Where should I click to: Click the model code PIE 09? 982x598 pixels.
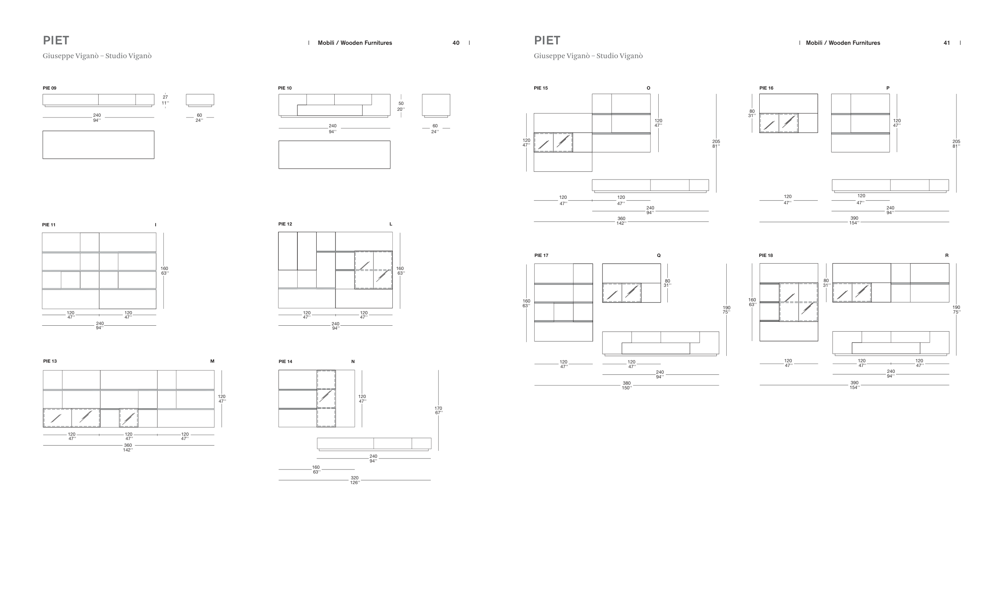pyautogui.click(x=49, y=88)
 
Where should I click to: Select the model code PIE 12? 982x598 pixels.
pyautogui.click(x=285, y=224)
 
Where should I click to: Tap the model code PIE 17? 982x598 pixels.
pyautogui.click(x=541, y=255)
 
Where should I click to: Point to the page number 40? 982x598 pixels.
pyautogui.click(x=456, y=43)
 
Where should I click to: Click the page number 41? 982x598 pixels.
pyautogui.click(x=947, y=43)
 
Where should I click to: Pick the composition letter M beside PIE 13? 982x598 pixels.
pyautogui.click(x=213, y=361)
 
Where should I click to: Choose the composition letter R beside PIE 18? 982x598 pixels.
pyautogui.click(x=947, y=255)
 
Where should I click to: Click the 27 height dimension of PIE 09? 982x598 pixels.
pyautogui.click(x=165, y=97)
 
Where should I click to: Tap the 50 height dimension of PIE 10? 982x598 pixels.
pyautogui.click(x=401, y=103)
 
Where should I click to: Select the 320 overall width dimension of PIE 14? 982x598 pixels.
pyautogui.click(x=355, y=478)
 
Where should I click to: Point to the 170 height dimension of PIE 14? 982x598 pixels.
pyautogui.click(x=438, y=408)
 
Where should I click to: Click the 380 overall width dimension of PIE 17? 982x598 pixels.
pyautogui.click(x=627, y=383)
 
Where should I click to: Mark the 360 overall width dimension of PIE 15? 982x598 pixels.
pyautogui.click(x=621, y=218)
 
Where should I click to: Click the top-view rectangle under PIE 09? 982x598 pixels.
pyautogui.click(x=99, y=145)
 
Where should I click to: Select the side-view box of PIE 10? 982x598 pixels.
pyautogui.click(x=436, y=106)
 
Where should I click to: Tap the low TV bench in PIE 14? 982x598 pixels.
pyautogui.click(x=374, y=444)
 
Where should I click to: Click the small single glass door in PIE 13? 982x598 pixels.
pyautogui.click(x=129, y=418)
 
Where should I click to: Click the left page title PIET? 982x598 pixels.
pyautogui.click(x=56, y=40)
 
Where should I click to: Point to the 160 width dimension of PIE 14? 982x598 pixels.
pyautogui.click(x=316, y=467)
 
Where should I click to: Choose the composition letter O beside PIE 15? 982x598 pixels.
pyautogui.click(x=649, y=88)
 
